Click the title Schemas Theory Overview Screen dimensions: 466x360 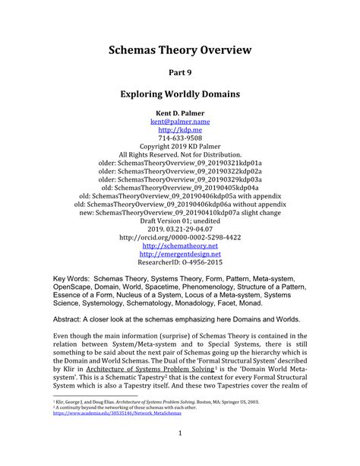point(180,52)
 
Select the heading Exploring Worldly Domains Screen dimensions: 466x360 point(180,97)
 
